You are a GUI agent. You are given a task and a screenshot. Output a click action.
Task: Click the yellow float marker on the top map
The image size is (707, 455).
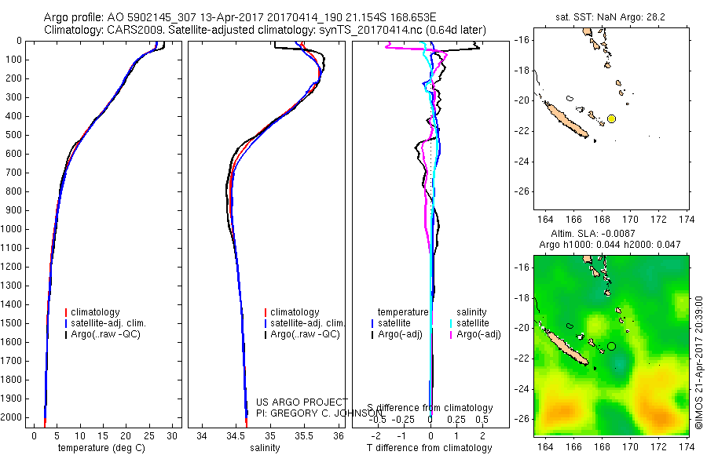[611, 118]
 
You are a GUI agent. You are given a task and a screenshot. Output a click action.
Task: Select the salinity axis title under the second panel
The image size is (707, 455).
[265, 448]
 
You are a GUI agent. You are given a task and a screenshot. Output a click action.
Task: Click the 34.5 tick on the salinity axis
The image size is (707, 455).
[236, 435]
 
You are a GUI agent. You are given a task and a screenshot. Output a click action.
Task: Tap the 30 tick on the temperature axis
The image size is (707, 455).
[172, 435]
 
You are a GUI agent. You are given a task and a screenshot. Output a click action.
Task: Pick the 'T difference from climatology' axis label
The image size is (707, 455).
[430, 448]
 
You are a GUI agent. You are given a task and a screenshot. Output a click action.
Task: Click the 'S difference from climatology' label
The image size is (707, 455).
[430, 408]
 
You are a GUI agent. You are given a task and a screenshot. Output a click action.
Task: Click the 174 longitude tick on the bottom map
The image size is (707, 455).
[687, 446]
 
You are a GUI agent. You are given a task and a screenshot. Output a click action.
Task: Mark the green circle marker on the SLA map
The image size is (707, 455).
[611, 346]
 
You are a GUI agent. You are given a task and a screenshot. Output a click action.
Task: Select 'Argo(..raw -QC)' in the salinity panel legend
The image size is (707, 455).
[305, 334]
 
